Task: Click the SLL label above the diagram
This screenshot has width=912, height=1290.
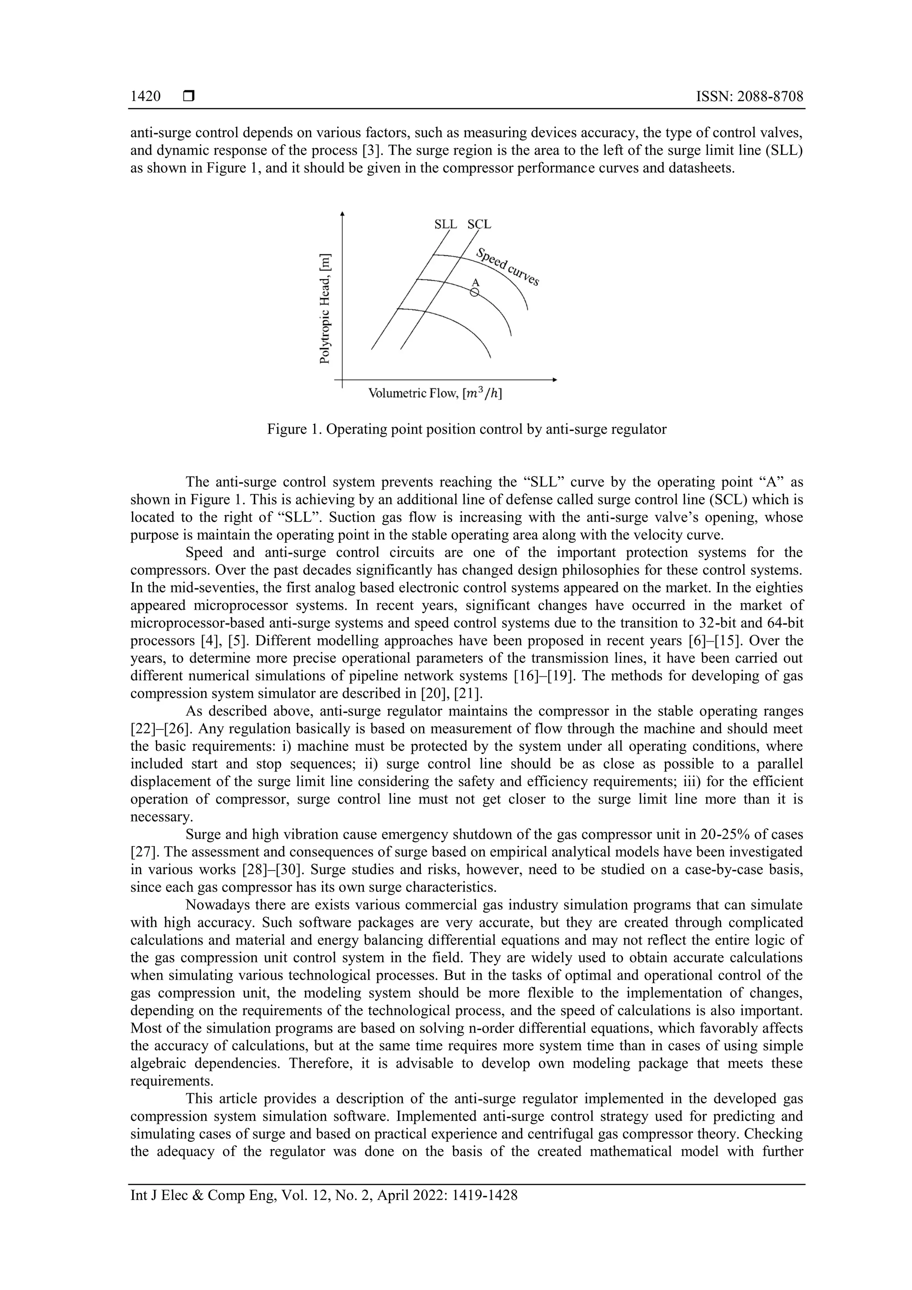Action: point(446,224)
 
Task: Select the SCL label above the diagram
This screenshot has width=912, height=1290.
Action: point(479,224)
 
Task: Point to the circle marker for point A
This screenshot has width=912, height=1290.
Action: point(475,293)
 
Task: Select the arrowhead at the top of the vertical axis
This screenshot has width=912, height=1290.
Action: point(342,213)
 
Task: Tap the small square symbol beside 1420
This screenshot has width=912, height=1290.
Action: point(188,97)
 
